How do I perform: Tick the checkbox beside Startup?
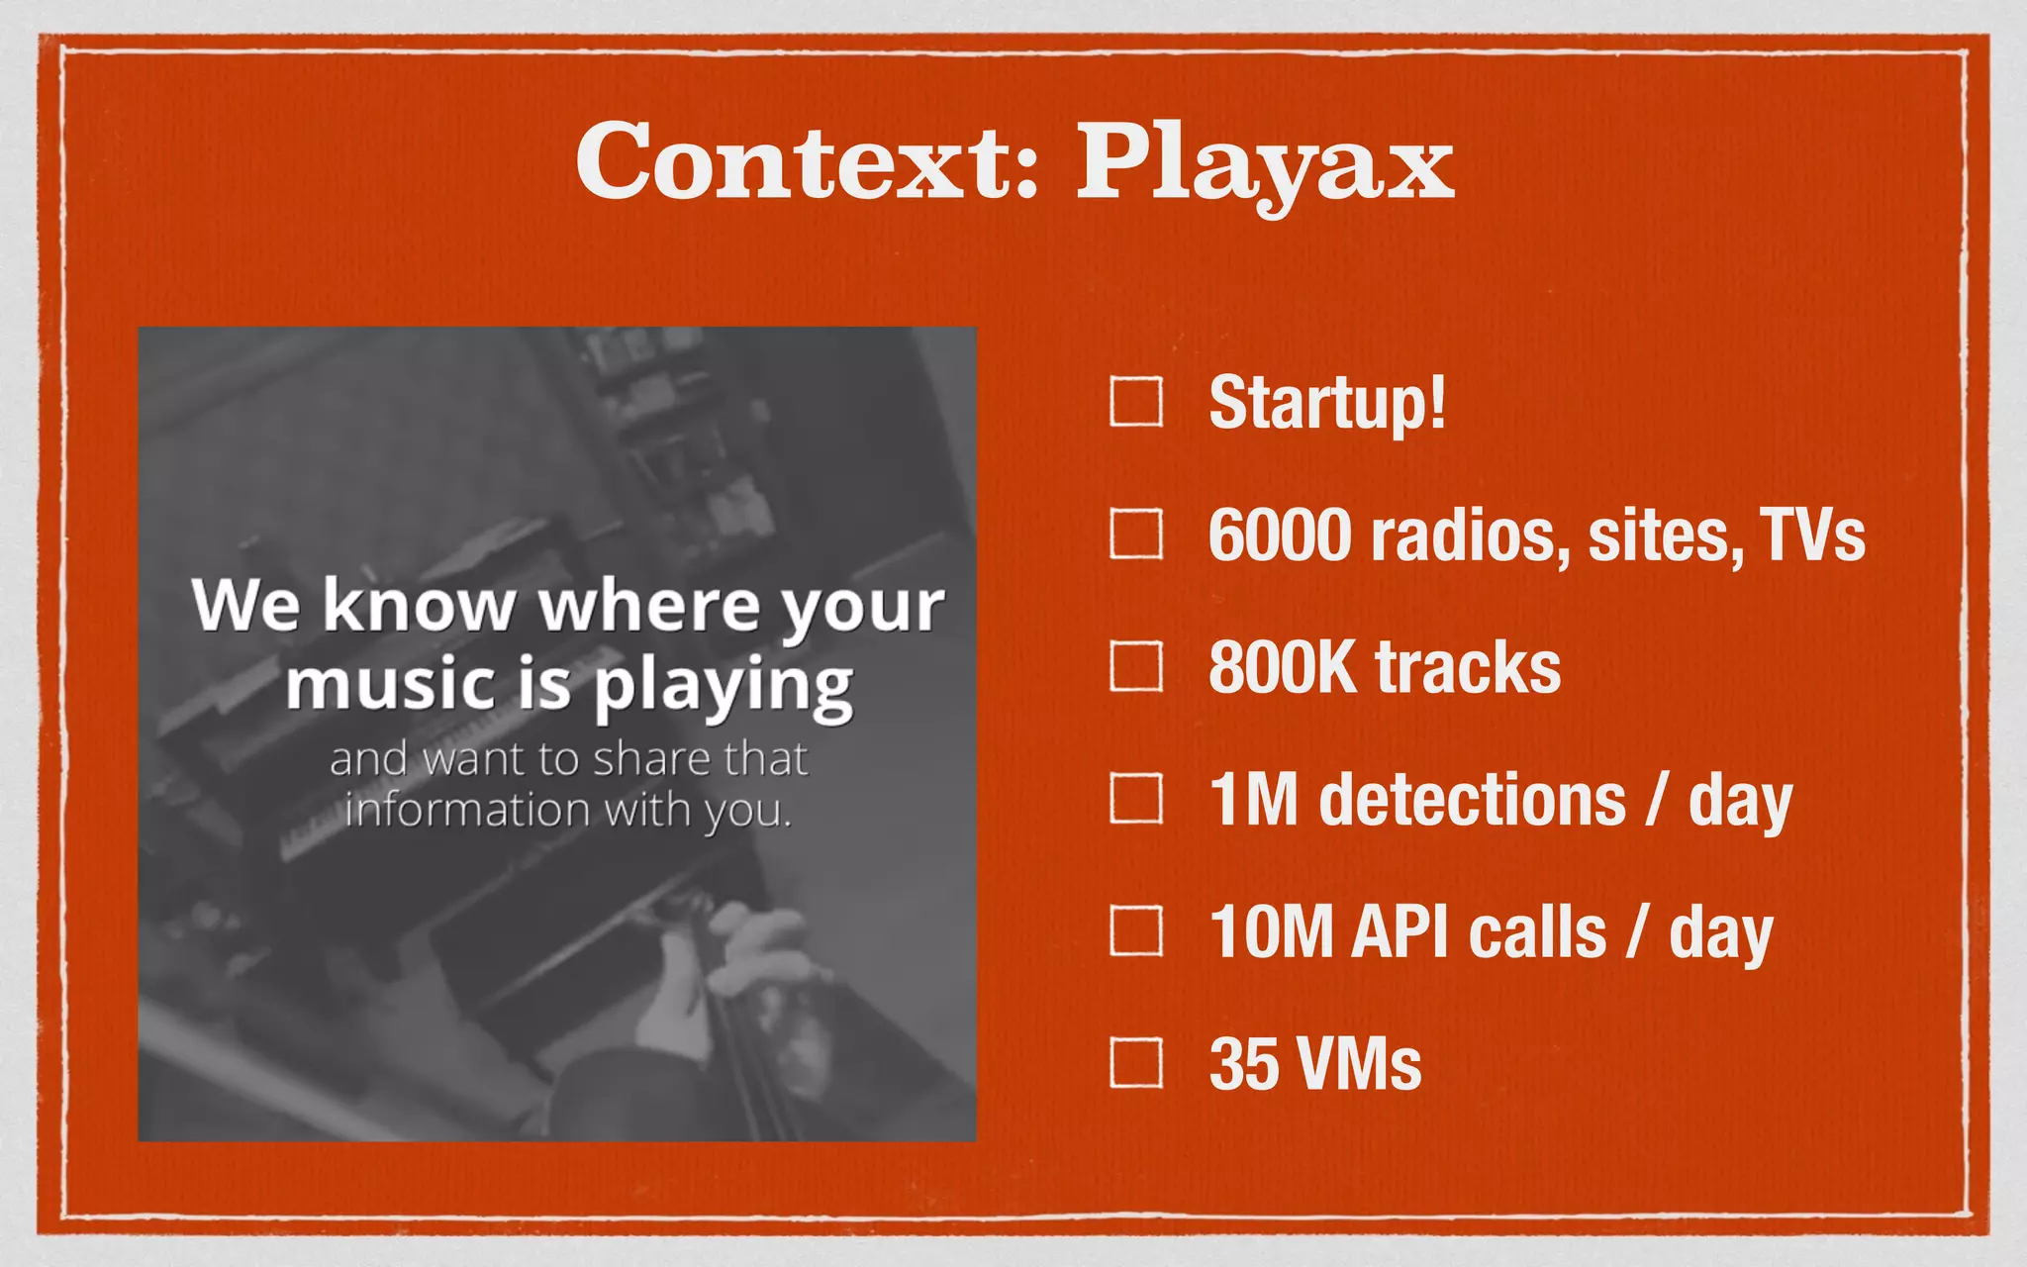tap(1135, 402)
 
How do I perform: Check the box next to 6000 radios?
tap(1135, 535)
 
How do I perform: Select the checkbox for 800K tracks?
tap(1135, 666)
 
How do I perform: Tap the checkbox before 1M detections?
tap(1135, 799)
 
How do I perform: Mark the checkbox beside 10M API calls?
tap(1135, 930)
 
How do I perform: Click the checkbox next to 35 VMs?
tap(1135, 1063)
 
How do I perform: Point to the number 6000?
tap(1280, 536)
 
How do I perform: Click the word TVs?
tap(1811, 536)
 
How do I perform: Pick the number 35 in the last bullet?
tap(1243, 1064)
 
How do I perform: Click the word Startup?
tap(1326, 404)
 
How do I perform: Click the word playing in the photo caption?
tap(723, 687)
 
